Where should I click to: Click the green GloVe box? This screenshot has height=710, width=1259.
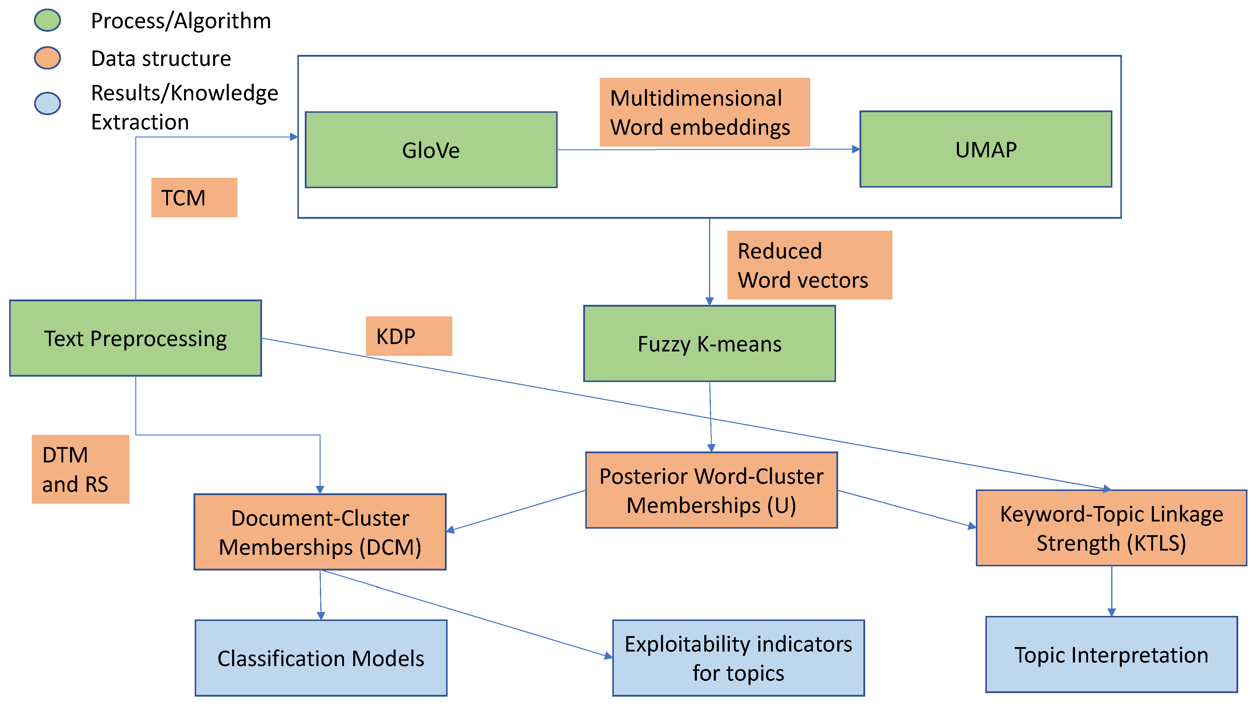click(x=431, y=150)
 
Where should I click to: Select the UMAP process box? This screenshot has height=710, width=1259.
click(x=985, y=149)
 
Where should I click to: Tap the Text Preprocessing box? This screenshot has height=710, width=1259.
click(x=135, y=338)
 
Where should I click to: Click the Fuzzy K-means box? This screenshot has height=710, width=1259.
click(x=709, y=343)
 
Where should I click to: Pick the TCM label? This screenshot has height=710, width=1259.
click(x=194, y=197)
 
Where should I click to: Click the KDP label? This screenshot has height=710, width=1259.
click(x=409, y=336)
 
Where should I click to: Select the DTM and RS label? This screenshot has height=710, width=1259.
click(x=80, y=469)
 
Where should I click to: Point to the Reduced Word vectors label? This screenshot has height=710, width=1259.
click(x=809, y=265)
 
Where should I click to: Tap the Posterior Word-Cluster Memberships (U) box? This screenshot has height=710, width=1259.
click(x=711, y=490)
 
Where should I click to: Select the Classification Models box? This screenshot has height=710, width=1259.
click(x=321, y=658)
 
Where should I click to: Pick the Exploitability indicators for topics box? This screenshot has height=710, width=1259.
click(x=738, y=658)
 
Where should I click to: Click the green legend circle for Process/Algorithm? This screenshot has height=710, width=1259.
click(x=47, y=20)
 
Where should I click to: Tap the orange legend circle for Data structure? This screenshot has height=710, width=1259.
click(x=47, y=58)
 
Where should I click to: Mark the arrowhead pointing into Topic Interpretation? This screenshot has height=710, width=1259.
click(x=1111, y=612)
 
